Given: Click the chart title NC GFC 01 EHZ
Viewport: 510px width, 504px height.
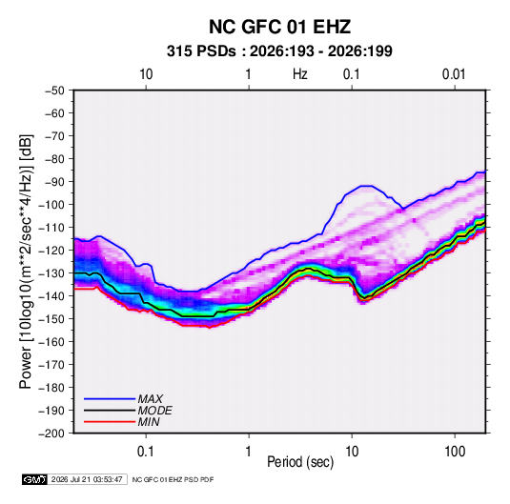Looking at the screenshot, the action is coord(279,27).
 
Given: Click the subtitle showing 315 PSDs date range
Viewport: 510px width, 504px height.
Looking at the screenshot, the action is coord(279,51).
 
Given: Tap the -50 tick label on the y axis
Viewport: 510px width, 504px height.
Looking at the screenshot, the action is coord(54,91).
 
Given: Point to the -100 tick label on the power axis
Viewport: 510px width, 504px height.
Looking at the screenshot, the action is coord(51,205).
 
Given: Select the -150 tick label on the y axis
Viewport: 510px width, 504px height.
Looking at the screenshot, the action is coord(51,319).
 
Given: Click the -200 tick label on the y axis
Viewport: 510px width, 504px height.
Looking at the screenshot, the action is coord(51,433).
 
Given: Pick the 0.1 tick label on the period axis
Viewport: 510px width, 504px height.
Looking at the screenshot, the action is coord(145,452).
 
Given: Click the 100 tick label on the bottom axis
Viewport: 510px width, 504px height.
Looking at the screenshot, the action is coord(455,452).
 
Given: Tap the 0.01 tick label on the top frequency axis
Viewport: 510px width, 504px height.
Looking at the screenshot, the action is coord(454,74).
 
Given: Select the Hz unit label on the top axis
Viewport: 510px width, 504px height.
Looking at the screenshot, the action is coord(300,74).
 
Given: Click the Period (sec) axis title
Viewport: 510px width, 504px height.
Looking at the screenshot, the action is coord(300,462).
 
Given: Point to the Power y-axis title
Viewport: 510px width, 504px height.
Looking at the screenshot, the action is coord(26,262).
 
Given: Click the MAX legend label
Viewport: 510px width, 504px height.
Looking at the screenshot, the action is coord(150,399).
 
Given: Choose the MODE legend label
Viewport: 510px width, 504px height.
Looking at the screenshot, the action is coord(154,411).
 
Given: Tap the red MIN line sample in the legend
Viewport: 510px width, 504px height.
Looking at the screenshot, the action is coord(110,422).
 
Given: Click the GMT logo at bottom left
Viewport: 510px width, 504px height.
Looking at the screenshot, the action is coord(34,479).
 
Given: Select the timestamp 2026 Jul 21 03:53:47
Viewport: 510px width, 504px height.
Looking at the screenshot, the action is coord(87,479).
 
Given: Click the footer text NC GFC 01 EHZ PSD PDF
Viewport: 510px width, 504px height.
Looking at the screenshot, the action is coord(173,479).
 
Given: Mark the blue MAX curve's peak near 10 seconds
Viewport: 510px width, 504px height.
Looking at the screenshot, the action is coord(366,186).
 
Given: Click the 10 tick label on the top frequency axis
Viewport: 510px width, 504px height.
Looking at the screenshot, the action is coord(146,74).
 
